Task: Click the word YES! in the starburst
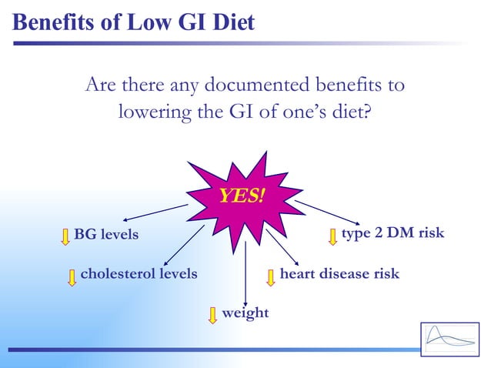coord(241,196)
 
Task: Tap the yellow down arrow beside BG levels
coord(65,236)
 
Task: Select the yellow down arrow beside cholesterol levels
coord(72,277)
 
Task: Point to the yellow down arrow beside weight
coord(213,315)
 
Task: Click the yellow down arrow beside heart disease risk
coord(270,277)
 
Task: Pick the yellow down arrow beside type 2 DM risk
coord(332,236)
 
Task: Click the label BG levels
coord(106,234)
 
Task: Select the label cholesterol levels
coord(139,273)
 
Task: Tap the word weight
coord(245,313)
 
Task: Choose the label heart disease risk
coord(339,273)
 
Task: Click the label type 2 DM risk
coord(392,233)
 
